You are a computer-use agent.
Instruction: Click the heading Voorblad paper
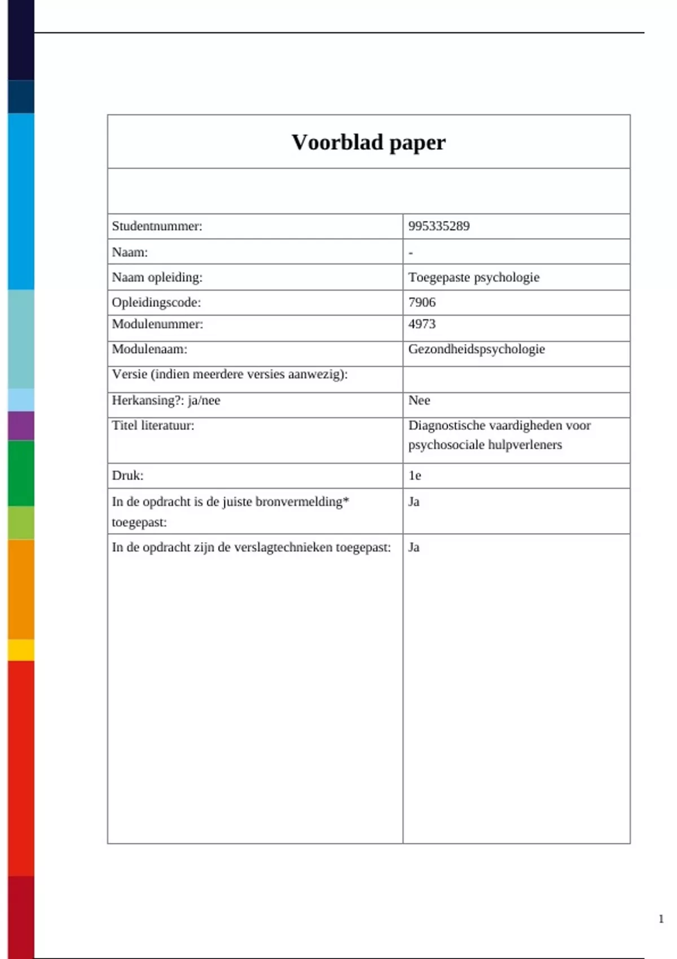[x=368, y=142]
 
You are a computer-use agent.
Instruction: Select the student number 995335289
[x=439, y=226]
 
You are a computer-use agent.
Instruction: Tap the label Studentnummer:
[x=157, y=226]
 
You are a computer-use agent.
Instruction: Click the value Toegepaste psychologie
[x=474, y=277]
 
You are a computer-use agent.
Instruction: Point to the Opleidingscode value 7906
[x=422, y=302]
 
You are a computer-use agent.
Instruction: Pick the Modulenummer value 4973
[x=422, y=324]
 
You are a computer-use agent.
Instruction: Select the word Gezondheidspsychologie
[x=477, y=349]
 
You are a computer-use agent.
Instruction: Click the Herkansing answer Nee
[x=419, y=400]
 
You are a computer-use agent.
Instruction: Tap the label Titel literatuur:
[x=153, y=425]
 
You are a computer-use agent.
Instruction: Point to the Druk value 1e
[x=415, y=476]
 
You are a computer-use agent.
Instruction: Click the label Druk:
[x=128, y=476]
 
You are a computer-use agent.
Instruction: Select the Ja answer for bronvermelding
[x=414, y=502]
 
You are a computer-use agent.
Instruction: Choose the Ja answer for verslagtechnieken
[x=414, y=547]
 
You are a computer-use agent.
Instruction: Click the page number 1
[x=661, y=919]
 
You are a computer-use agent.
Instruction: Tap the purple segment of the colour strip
[x=21, y=425]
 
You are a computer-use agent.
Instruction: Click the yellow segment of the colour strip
[x=21, y=650]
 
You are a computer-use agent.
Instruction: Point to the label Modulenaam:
[x=150, y=349]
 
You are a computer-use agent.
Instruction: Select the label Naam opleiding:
[x=157, y=277]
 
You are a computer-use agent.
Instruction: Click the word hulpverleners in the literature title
[x=528, y=445]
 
